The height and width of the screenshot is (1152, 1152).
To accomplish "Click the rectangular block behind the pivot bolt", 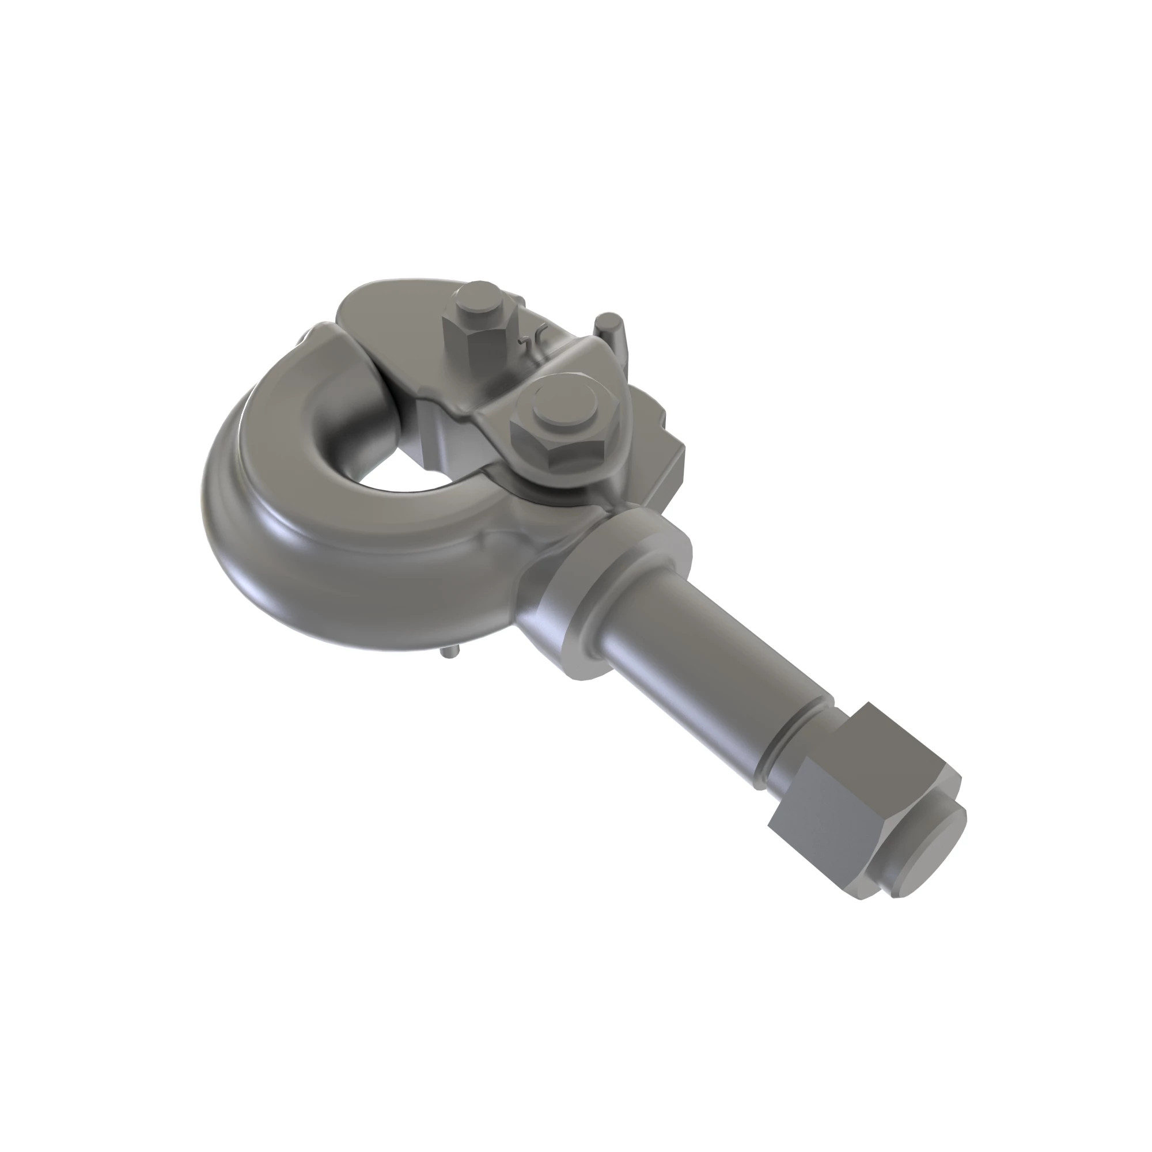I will (662, 441).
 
